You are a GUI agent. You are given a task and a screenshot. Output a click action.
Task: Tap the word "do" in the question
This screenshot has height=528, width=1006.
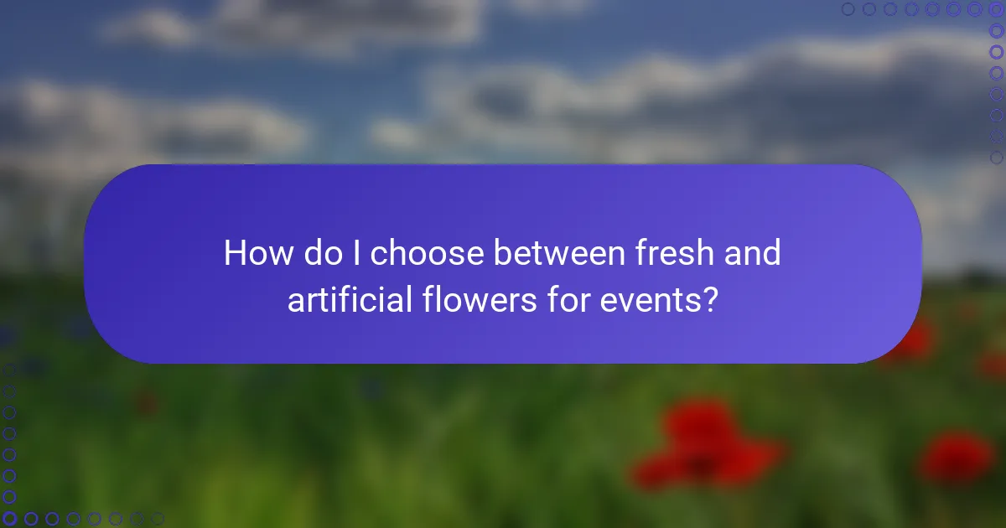coord(323,253)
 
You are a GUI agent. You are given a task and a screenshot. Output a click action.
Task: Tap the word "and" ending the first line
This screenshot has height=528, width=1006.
coord(754,253)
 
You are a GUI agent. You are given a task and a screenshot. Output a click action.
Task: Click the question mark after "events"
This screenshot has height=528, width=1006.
coord(710,299)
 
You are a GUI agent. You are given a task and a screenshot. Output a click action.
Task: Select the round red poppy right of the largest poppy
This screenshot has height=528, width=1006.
coord(957,457)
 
